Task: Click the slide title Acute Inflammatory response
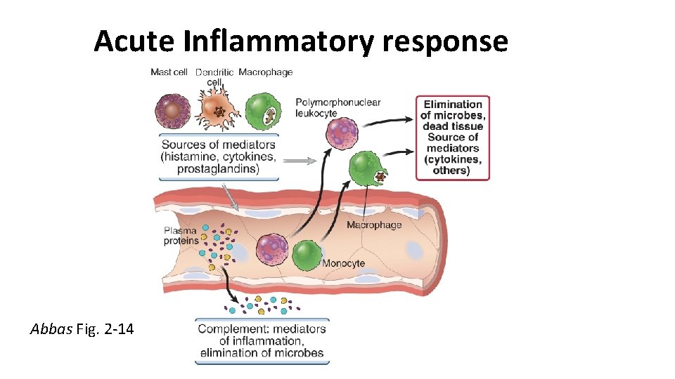(x=301, y=41)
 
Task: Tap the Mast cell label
(x=169, y=72)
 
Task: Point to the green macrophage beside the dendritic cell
(x=263, y=111)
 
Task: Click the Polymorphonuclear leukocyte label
(x=337, y=107)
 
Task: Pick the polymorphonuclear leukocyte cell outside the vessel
(x=340, y=133)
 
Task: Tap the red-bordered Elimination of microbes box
(x=452, y=138)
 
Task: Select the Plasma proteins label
(x=181, y=236)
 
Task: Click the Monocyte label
(x=343, y=263)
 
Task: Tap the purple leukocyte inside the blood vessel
(x=272, y=251)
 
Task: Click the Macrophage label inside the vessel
(x=374, y=225)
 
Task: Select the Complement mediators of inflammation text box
(x=262, y=341)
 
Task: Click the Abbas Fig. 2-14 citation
(x=82, y=328)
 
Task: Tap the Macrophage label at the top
(x=265, y=72)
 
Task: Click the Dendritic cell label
(x=215, y=77)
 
